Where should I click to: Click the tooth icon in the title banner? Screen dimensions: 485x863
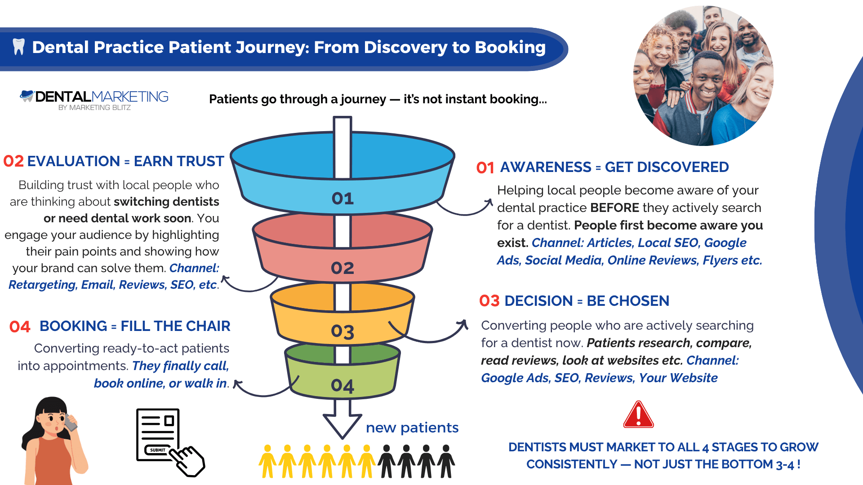point(18,47)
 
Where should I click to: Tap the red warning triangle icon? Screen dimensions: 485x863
point(638,415)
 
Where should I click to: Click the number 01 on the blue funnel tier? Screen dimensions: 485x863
point(343,198)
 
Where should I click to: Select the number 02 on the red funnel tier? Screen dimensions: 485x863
point(343,268)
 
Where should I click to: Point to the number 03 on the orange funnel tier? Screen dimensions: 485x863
point(343,332)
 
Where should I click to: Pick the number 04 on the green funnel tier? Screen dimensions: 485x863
point(343,386)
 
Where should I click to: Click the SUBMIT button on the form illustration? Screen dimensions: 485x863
point(157,450)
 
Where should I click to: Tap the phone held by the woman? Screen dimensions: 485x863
point(70,423)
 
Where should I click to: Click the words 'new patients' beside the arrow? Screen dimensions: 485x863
point(412,428)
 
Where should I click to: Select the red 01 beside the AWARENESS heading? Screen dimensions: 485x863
point(485,168)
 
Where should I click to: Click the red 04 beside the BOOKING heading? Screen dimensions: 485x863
point(20,327)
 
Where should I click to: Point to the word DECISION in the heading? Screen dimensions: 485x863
point(538,301)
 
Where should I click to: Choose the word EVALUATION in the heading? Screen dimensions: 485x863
point(73,161)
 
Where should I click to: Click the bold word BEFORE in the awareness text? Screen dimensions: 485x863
point(614,208)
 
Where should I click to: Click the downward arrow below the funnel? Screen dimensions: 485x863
point(343,420)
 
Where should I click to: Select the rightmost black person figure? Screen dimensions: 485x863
point(446,461)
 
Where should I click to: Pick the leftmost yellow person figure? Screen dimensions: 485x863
point(267,461)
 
